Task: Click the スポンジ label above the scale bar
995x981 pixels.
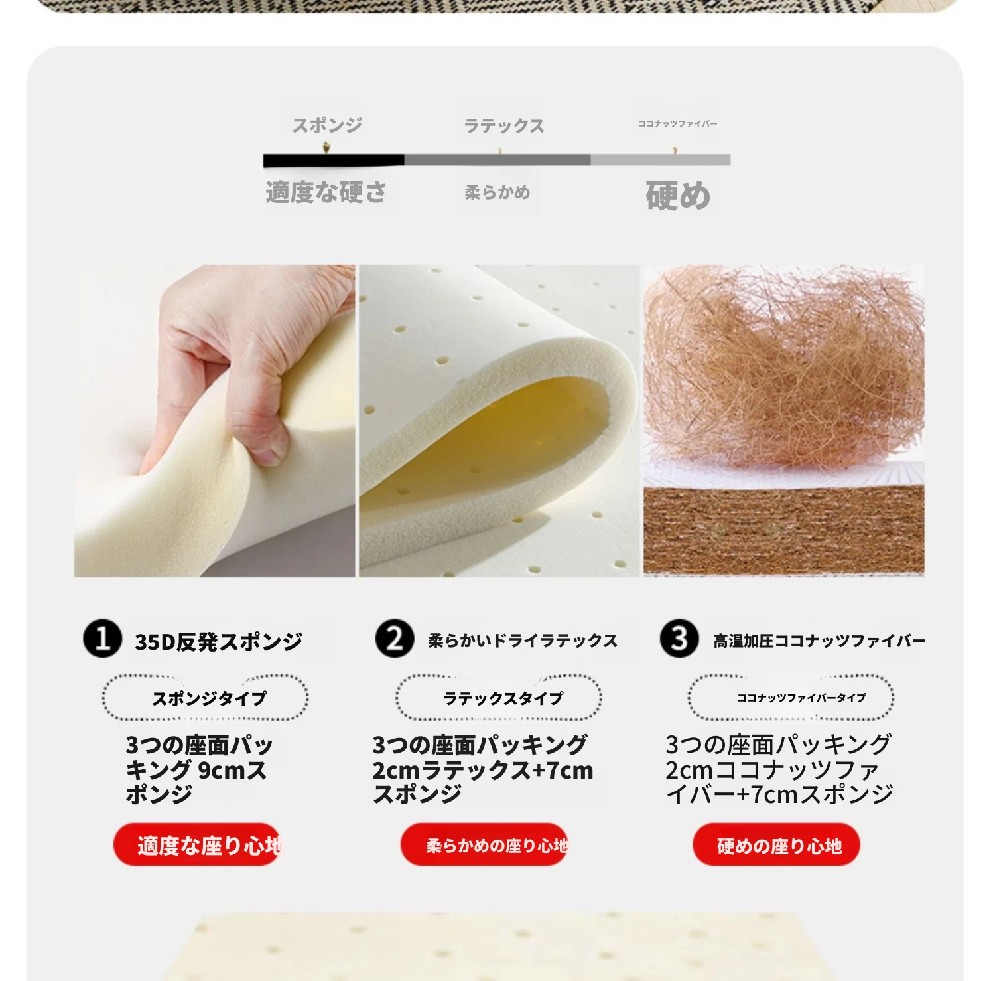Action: (x=327, y=125)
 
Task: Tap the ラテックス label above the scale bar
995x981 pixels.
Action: (x=504, y=125)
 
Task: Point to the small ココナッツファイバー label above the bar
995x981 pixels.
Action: (x=677, y=123)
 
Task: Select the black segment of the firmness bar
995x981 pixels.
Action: (x=334, y=160)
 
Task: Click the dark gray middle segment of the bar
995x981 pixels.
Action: (x=497, y=160)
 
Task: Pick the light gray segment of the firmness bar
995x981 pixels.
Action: (x=661, y=160)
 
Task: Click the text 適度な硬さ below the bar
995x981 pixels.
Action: (x=326, y=192)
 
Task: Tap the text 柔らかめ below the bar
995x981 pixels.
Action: (x=497, y=192)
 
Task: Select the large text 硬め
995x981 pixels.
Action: (x=678, y=196)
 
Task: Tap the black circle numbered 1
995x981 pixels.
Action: (x=102, y=639)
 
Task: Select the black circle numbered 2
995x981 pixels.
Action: (x=395, y=639)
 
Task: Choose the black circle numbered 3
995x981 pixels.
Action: (x=679, y=639)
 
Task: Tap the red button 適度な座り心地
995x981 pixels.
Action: (x=197, y=845)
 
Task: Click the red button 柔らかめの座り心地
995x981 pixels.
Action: (x=484, y=845)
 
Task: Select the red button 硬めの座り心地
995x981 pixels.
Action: (x=777, y=845)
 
